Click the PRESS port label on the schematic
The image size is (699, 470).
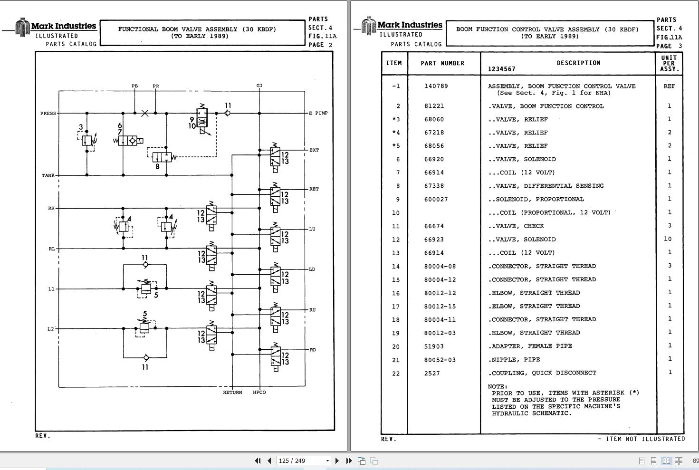tap(48, 113)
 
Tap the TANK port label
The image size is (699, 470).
tap(48, 175)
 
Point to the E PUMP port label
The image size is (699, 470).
tap(318, 113)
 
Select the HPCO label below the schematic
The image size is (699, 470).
tap(259, 392)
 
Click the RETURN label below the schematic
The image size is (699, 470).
tap(232, 392)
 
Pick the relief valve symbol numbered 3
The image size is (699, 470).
tap(87, 141)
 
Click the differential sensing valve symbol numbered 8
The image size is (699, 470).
tap(162, 157)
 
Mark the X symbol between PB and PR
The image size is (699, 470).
tap(145, 113)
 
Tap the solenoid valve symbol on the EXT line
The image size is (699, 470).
tap(275, 158)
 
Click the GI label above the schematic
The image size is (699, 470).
tap(259, 86)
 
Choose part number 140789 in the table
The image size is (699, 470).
tap(436, 86)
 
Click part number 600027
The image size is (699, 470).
tap(436, 200)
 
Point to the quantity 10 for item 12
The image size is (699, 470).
tap(668, 239)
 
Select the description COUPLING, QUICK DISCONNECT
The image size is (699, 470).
tap(544, 373)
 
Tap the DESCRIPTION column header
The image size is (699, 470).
tap(579, 63)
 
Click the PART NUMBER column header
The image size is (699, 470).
tap(442, 63)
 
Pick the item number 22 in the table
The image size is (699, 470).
tap(396, 374)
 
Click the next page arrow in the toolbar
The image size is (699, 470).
tap(337, 460)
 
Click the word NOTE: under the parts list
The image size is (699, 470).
tap(498, 387)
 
